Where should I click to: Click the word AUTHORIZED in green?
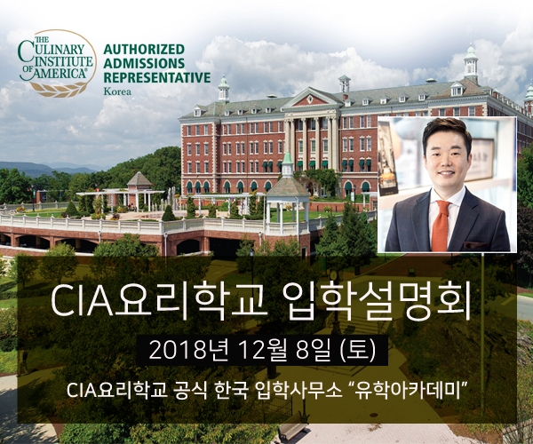[144, 49]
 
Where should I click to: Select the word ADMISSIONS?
[143, 63]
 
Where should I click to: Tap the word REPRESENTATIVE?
[157, 77]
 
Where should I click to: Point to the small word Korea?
[116, 91]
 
